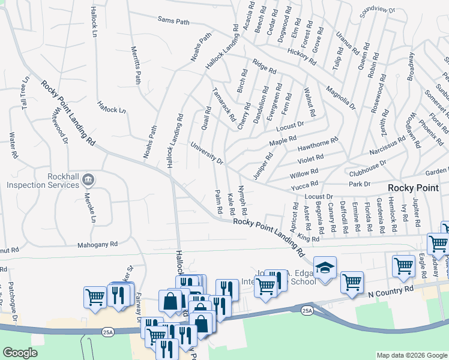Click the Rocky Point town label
click(x=414, y=188)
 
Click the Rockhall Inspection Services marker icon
click(x=88, y=178)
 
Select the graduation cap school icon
click(x=325, y=268)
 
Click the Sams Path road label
click(x=173, y=21)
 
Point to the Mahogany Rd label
click(x=97, y=245)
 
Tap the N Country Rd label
click(x=391, y=289)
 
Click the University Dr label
click(x=207, y=154)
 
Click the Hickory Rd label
click(x=302, y=56)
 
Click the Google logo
click(x=20, y=353)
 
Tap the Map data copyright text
click(x=412, y=355)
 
